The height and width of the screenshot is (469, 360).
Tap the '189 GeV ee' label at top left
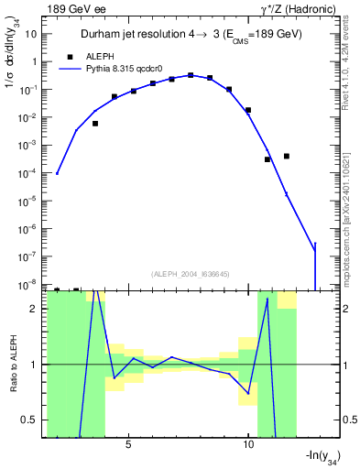click(78, 9)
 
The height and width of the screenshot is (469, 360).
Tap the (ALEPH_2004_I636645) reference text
click(190, 273)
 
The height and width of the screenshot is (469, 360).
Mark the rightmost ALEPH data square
click(287, 156)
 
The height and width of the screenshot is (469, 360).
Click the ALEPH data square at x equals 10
click(248, 110)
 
